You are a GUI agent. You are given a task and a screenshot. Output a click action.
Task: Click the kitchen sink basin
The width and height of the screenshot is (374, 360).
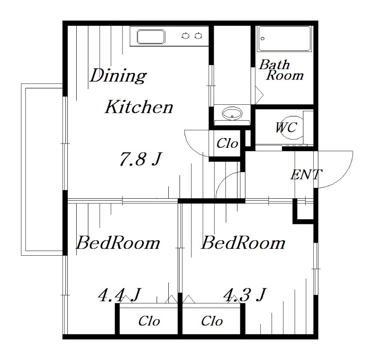[x=151, y=37]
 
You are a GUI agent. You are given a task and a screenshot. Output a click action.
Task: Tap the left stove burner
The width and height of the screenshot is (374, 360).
[x=186, y=36]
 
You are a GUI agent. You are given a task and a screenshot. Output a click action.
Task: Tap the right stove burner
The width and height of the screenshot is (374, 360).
[x=198, y=36]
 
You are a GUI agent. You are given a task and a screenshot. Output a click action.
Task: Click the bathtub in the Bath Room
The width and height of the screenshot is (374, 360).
[x=284, y=39]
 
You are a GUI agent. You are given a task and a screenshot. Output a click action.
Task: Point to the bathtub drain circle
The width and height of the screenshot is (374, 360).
[x=263, y=38]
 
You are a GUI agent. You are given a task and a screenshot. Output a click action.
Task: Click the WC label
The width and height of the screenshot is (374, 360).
[x=286, y=127]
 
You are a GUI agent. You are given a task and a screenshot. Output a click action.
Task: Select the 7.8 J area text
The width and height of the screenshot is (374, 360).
[x=141, y=159]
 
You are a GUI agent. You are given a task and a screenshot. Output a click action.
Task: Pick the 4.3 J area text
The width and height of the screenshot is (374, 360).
[x=245, y=295]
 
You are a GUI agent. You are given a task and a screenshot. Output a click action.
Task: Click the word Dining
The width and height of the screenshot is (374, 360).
[x=118, y=76]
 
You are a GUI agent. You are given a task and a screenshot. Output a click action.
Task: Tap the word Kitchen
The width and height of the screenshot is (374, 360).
[x=139, y=107]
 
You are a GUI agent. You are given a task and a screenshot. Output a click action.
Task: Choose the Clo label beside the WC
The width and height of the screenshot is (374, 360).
[x=227, y=144]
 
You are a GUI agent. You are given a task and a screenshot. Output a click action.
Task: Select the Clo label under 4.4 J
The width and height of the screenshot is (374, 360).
[x=149, y=321]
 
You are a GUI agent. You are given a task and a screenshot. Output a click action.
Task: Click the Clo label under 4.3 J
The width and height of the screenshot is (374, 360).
[x=212, y=321]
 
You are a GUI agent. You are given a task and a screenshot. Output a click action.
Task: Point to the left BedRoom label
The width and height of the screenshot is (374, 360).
[x=118, y=243]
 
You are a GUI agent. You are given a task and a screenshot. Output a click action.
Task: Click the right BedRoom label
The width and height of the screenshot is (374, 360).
[x=243, y=243]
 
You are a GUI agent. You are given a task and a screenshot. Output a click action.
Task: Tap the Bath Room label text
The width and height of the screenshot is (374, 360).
[x=281, y=70]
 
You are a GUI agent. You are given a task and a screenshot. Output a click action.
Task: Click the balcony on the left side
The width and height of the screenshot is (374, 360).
[x=42, y=170]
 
